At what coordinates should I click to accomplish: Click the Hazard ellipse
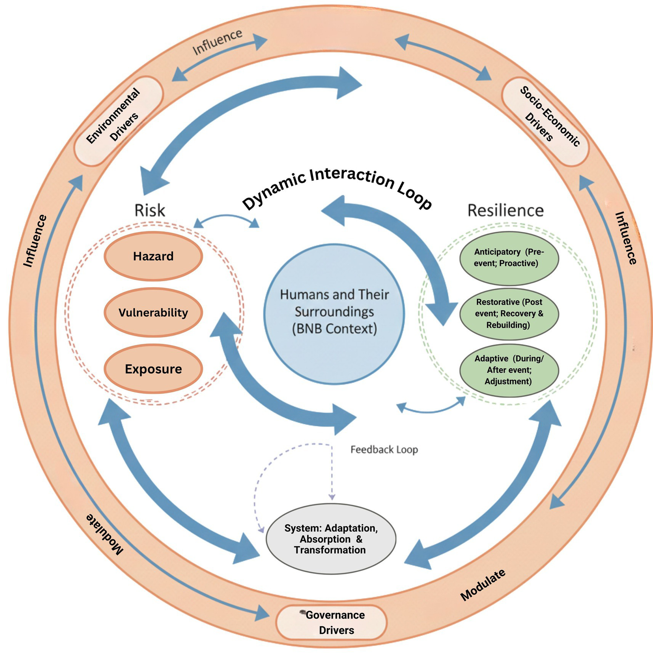coord(153,256)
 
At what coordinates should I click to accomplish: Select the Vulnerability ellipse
coord(153,313)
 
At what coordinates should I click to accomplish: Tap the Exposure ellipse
coord(153,369)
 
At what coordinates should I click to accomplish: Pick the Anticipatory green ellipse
coord(509,258)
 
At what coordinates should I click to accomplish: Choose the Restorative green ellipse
coord(509,314)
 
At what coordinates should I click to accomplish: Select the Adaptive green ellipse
coord(509,370)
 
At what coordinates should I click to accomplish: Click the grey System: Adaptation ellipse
coord(331,539)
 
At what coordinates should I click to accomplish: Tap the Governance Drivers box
coord(332,622)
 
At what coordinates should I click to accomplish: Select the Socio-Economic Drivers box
coord(545,122)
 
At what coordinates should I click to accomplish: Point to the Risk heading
coord(150,211)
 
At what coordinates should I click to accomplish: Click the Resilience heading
coord(505,211)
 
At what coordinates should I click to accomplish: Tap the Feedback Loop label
coord(384,450)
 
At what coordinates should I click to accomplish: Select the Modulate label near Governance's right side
coord(483,585)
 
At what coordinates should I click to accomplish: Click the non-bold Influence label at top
coord(217,42)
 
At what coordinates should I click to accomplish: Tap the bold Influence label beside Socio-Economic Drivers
coord(626,238)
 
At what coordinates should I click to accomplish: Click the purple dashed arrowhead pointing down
coord(332,497)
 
